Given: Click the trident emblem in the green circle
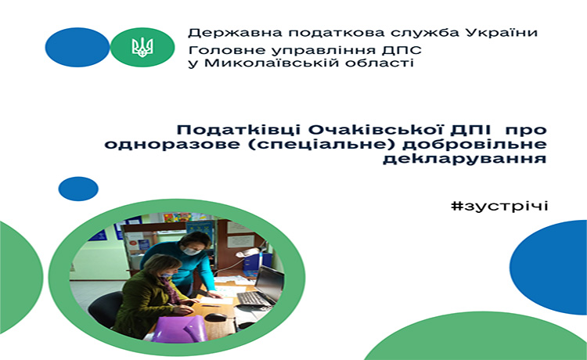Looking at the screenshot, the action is click(142, 47).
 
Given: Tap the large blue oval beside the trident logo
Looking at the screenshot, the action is click(77, 47).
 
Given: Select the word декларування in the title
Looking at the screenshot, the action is click(465, 158).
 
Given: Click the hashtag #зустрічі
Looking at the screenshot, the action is click(499, 206).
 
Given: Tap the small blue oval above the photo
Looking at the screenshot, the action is click(78, 189).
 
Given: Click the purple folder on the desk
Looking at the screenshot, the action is click(180, 329).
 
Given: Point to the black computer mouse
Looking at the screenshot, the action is click(216, 317).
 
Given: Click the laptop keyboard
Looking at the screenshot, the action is click(254, 299).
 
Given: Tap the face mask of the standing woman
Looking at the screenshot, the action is click(191, 251).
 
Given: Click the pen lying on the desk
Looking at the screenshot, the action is click(211, 306).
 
